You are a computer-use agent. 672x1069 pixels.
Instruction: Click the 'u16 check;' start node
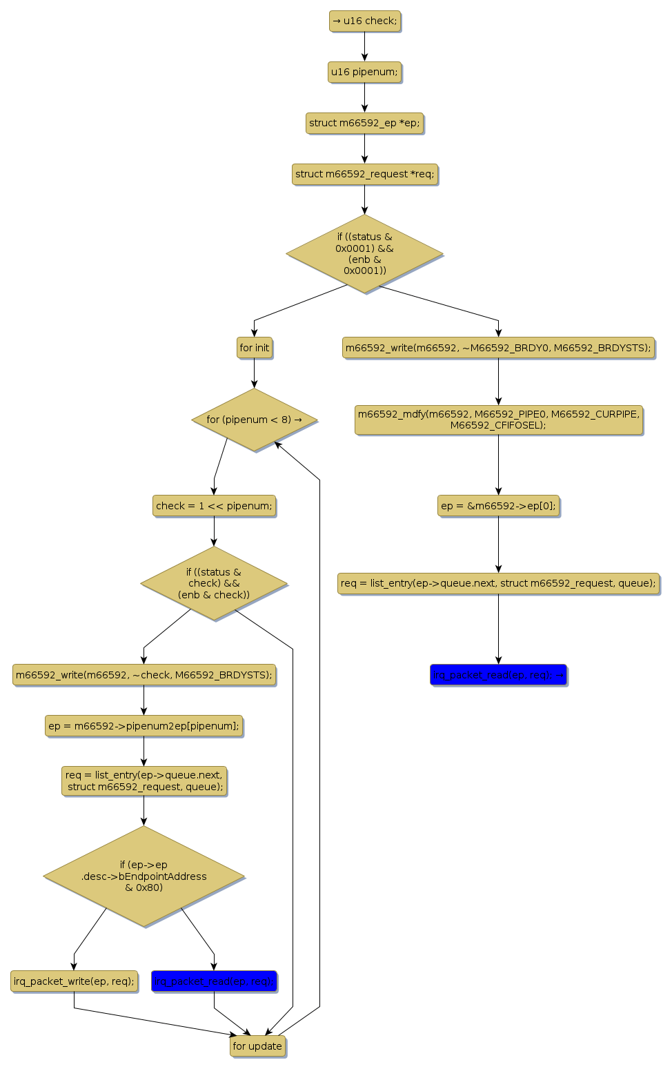tap(364, 21)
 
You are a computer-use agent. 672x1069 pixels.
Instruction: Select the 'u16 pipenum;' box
tap(364, 72)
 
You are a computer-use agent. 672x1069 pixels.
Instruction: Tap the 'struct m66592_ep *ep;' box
tap(364, 123)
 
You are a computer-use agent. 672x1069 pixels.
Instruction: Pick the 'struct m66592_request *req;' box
tap(364, 174)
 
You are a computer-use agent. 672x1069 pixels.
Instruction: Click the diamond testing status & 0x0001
tap(364, 253)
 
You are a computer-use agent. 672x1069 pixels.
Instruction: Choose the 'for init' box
tap(254, 348)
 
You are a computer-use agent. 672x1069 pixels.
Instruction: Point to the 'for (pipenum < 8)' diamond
tap(254, 420)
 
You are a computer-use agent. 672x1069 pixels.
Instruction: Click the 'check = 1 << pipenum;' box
tap(214, 506)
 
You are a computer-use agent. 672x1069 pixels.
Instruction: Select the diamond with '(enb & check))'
tap(214, 583)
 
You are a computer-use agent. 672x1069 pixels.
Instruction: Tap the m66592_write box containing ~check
tap(144, 675)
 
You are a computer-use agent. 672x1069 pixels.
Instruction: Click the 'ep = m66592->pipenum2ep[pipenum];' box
tap(144, 726)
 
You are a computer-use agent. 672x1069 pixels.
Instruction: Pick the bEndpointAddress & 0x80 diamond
tap(144, 876)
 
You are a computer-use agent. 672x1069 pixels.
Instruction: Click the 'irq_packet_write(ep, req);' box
tap(74, 981)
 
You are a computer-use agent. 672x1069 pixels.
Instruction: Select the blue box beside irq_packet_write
tap(214, 981)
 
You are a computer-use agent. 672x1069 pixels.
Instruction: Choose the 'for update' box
tap(257, 1046)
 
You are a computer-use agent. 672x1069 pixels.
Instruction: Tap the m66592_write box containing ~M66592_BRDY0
tap(498, 348)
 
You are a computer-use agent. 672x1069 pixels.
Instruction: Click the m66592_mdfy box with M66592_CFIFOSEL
tap(498, 420)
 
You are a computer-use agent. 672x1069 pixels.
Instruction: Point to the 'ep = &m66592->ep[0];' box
tap(498, 506)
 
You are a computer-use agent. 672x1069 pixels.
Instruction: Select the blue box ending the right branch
tap(498, 675)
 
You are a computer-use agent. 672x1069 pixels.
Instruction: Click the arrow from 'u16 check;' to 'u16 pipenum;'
tap(364, 46)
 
